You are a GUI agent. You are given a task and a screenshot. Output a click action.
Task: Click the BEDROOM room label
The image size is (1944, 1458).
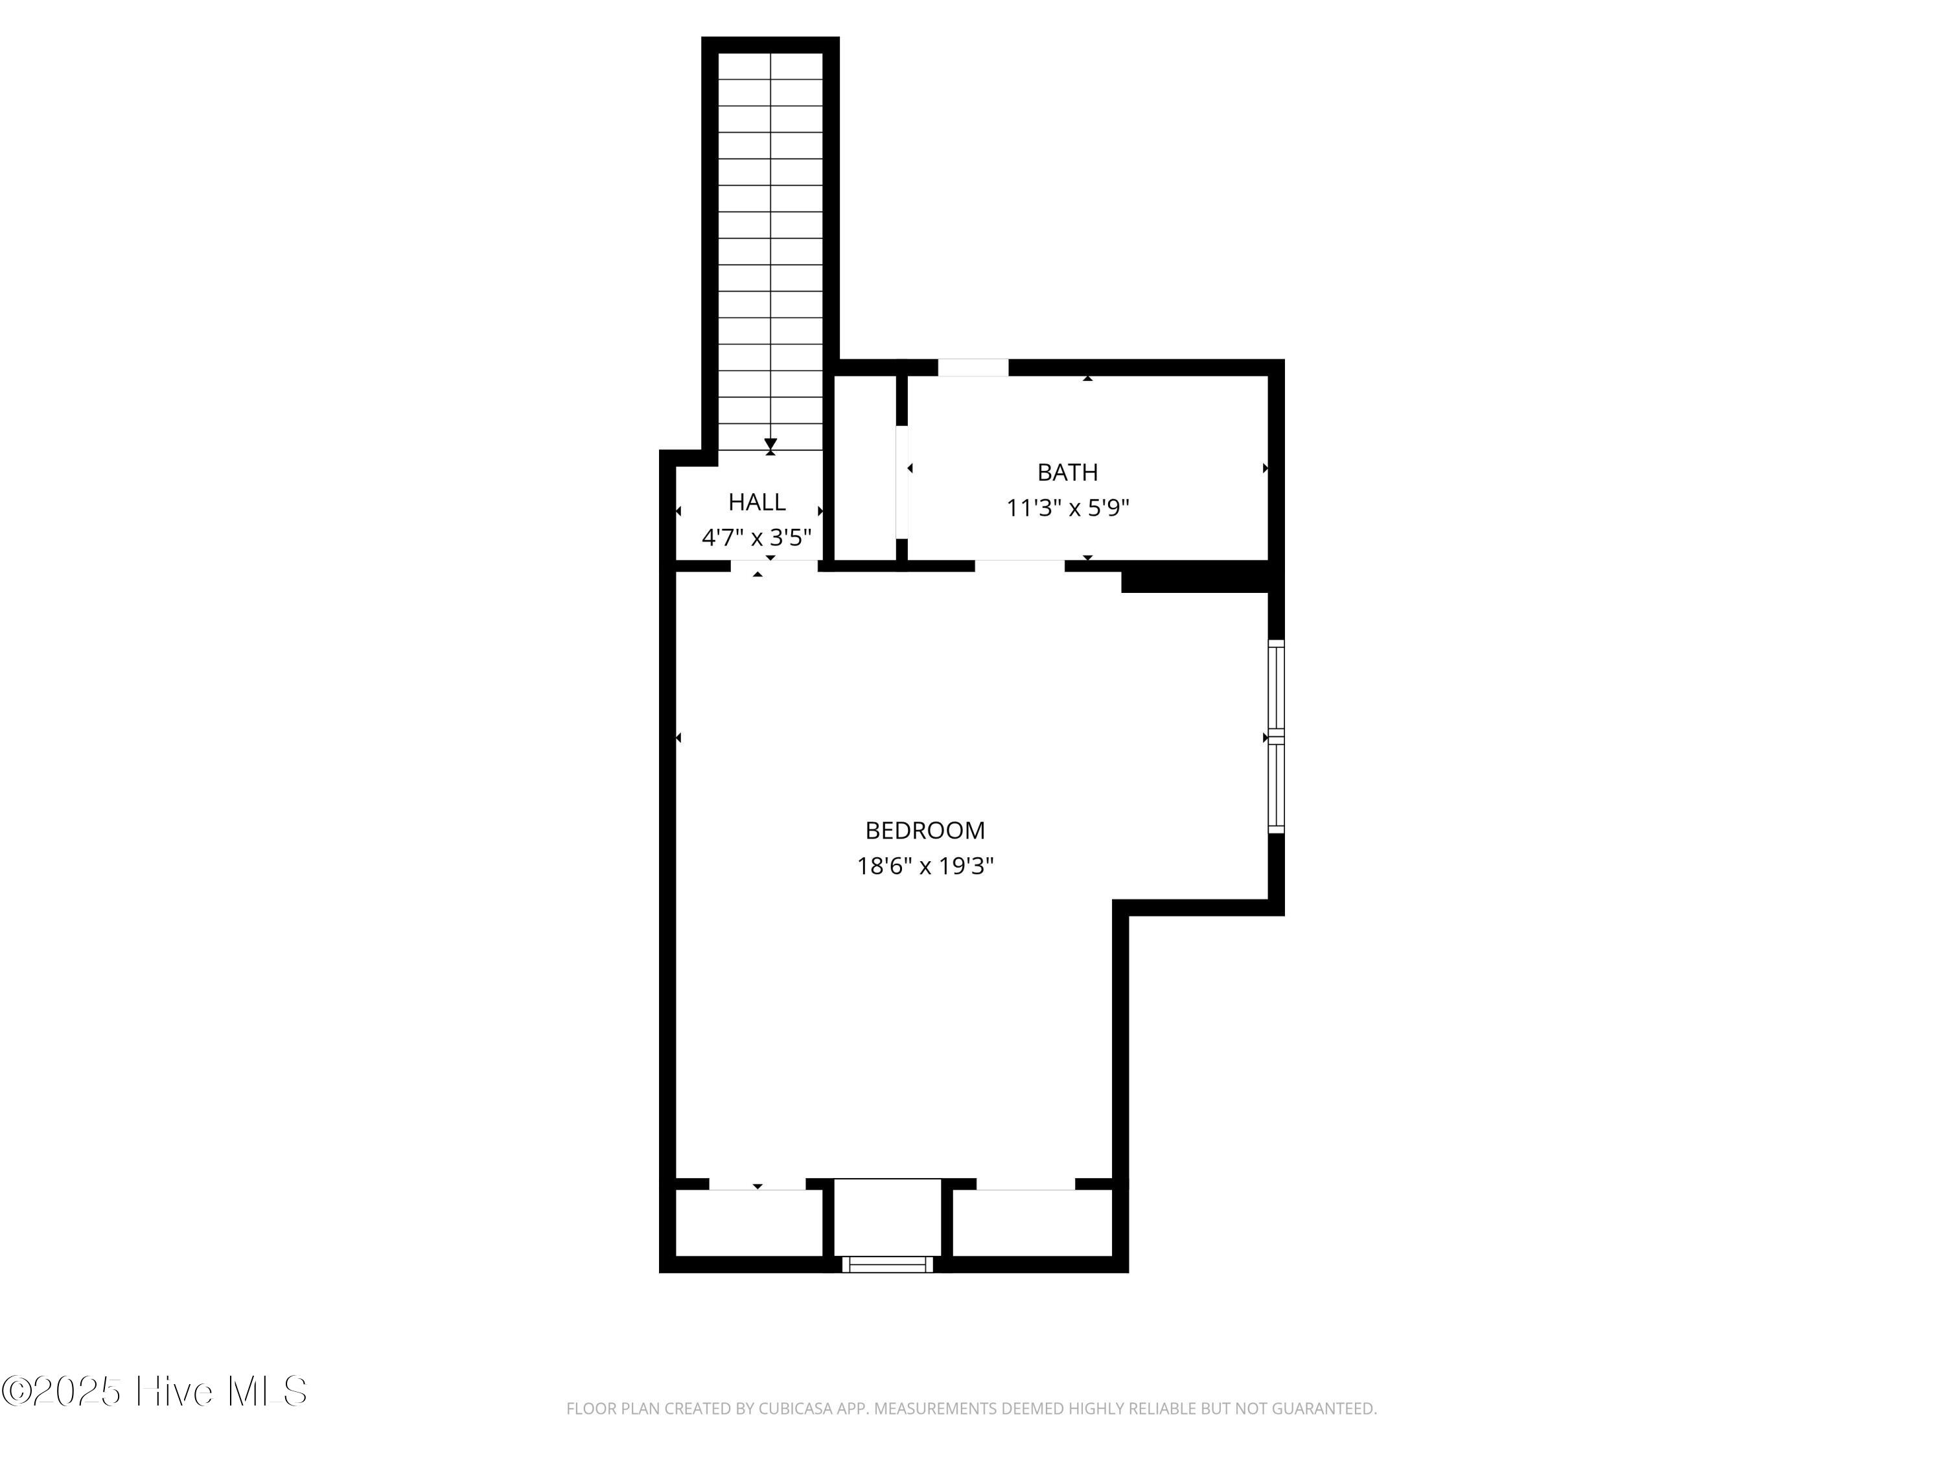pyautogui.click(x=925, y=831)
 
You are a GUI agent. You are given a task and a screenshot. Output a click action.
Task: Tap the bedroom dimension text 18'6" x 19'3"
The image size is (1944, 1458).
pyautogui.click(x=925, y=866)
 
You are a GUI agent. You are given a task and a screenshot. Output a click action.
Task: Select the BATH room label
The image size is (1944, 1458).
pyautogui.click(x=1068, y=473)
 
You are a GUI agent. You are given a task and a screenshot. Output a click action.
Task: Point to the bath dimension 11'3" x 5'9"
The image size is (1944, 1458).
pyautogui.click(x=1068, y=508)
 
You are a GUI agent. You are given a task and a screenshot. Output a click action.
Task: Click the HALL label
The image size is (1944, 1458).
pyautogui.click(x=757, y=502)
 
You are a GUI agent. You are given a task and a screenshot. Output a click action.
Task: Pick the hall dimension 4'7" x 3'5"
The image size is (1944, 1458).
pyautogui.click(x=757, y=538)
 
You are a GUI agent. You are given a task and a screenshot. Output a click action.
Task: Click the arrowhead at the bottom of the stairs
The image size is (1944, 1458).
pyautogui.click(x=770, y=445)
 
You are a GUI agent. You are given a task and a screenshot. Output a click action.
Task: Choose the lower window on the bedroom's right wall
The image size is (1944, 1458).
pyautogui.click(x=1276, y=787)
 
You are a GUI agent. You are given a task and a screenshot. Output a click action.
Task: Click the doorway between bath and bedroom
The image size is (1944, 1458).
pyautogui.click(x=1019, y=566)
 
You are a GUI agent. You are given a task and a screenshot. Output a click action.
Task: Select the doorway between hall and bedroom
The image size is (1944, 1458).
pyautogui.click(x=774, y=566)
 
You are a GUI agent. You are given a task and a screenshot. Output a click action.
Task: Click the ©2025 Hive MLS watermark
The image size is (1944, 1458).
pyautogui.click(x=155, y=1391)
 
